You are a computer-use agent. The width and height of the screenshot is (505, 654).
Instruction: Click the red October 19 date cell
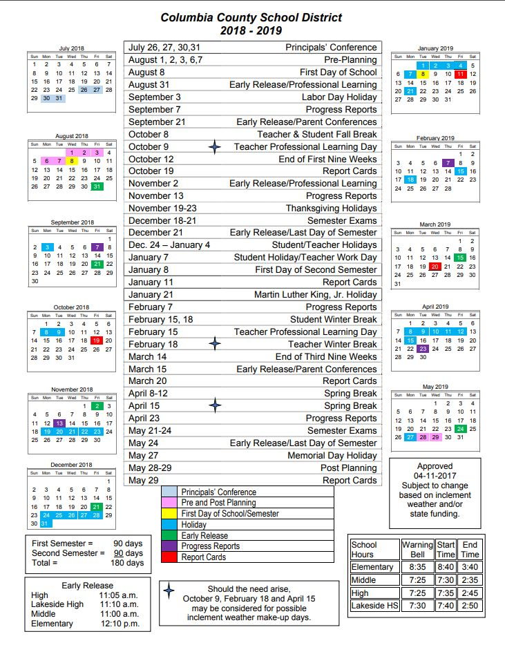click(x=96, y=340)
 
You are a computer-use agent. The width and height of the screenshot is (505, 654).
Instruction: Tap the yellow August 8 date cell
click(x=71, y=161)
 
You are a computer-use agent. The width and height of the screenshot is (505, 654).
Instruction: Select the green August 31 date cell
click(x=96, y=186)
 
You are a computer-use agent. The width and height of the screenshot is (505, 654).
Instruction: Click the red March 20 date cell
click(x=435, y=266)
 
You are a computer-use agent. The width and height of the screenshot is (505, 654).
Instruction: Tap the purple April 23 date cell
click(x=423, y=349)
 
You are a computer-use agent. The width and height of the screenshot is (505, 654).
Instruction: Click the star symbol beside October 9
click(x=215, y=146)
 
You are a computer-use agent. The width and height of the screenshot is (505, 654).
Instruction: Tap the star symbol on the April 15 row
click(x=215, y=406)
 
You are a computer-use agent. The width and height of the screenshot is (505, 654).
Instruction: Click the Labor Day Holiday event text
click(x=339, y=97)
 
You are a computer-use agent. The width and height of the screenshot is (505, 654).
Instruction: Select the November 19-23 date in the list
click(x=162, y=208)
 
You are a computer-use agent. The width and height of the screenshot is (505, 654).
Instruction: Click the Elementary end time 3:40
click(x=469, y=567)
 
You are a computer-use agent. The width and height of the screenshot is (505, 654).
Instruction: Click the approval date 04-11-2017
click(x=435, y=476)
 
